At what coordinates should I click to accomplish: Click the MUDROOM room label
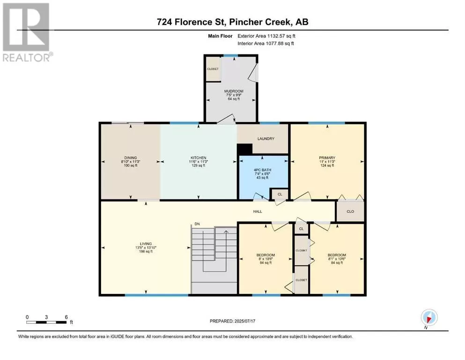(234, 91)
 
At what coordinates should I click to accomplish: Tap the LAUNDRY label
(266, 139)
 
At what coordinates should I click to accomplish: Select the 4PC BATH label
(262, 170)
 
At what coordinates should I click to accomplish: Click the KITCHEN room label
(199, 158)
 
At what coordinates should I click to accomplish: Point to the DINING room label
(131, 158)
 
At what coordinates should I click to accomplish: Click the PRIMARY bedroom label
(327, 158)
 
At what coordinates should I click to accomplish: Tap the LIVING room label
(146, 244)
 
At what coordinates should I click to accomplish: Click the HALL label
(258, 211)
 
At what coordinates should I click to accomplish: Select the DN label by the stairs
(197, 224)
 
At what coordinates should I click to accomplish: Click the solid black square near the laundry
(244, 149)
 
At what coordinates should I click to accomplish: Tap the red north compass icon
(429, 318)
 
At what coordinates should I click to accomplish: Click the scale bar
(46, 322)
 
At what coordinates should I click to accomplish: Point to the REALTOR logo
(27, 32)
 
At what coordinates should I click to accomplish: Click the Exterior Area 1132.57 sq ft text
(266, 36)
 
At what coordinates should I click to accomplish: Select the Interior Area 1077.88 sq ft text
(266, 43)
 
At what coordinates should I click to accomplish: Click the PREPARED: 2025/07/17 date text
(232, 321)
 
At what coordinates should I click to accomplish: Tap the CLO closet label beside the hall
(350, 211)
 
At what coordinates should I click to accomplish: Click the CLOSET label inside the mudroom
(213, 69)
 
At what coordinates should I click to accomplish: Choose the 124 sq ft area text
(327, 165)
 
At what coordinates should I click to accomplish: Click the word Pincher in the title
(245, 22)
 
